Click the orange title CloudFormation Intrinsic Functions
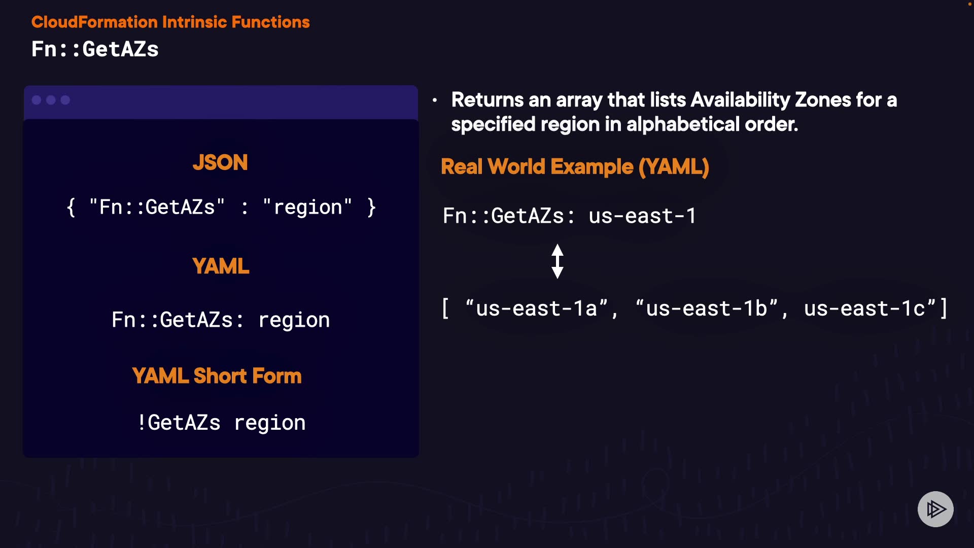point(170,22)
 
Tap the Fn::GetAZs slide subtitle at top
point(95,50)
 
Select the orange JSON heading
point(220,163)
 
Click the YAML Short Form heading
point(217,376)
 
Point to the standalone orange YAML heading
point(221,266)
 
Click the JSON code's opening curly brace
point(71,208)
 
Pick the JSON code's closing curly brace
point(371,208)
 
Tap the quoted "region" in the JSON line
point(307,208)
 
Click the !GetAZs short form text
point(179,423)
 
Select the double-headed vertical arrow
point(558,261)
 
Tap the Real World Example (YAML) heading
point(575,167)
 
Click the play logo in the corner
point(935,509)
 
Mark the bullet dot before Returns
point(435,100)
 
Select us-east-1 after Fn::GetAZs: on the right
point(642,216)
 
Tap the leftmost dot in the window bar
point(37,100)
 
